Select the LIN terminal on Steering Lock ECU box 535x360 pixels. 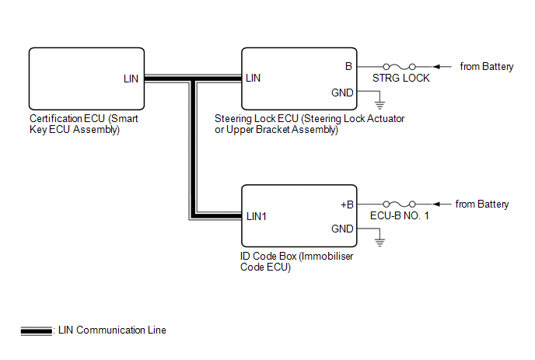pyautogui.click(x=253, y=79)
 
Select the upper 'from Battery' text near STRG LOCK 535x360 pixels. pyautogui.click(x=487, y=67)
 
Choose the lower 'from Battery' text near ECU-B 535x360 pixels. pyautogui.click(x=482, y=204)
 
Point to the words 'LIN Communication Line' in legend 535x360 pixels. pyautogui.click(x=112, y=330)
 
